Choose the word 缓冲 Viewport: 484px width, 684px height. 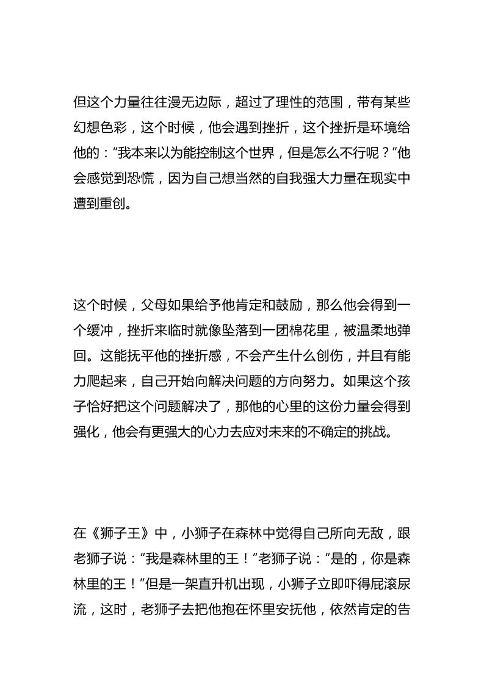point(98,330)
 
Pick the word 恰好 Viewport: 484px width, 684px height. point(106,407)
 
